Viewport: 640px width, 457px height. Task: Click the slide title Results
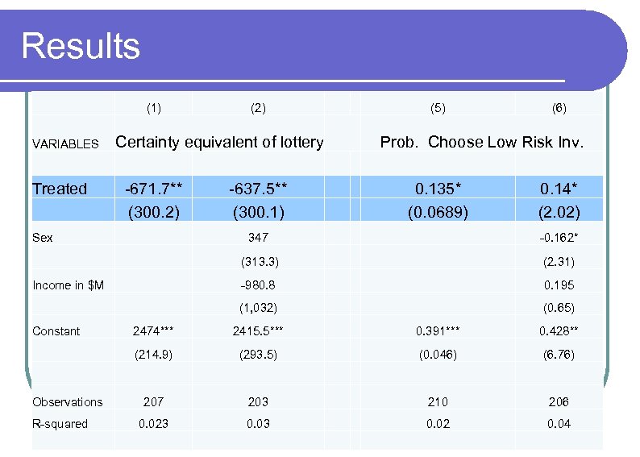click(81, 46)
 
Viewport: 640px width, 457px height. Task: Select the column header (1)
click(153, 107)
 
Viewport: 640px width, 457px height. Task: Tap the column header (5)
click(438, 107)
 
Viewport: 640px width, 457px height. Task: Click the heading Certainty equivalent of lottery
click(220, 143)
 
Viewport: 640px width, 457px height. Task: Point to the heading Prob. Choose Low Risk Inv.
click(481, 143)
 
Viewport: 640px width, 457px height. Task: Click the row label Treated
click(60, 189)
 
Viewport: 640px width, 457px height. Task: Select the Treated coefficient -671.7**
click(153, 189)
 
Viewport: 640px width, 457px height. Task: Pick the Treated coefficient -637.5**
click(258, 189)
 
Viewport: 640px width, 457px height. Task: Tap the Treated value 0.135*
click(438, 189)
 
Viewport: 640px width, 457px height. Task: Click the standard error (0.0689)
click(438, 214)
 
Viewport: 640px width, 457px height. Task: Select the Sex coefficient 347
click(258, 238)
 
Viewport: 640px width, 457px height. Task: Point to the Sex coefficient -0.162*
click(559, 238)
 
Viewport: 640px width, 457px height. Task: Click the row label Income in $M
click(68, 285)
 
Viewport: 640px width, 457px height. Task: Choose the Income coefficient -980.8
click(258, 285)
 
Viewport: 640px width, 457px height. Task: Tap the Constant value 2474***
click(153, 331)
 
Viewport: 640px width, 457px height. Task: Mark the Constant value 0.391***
click(438, 331)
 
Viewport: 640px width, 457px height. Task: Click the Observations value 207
click(153, 401)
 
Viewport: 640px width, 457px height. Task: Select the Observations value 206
click(559, 401)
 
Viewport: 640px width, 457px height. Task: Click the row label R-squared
click(60, 424)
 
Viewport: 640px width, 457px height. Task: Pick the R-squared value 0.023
click(153, 424)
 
